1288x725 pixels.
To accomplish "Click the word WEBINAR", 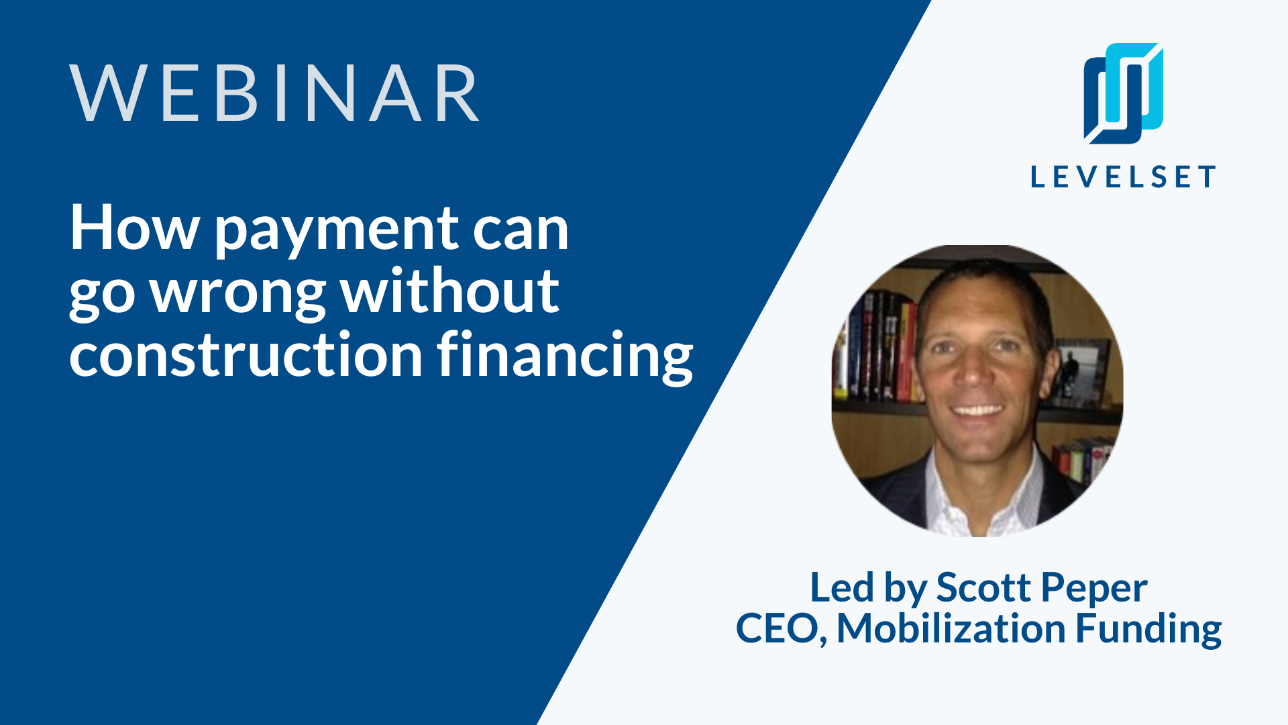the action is [274, 93].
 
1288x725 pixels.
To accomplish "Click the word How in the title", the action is [134, 228].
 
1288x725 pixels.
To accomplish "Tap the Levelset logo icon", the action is [1124, 93].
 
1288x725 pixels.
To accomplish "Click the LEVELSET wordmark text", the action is [1123, 177].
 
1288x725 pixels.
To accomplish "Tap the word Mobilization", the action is [951, 628].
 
